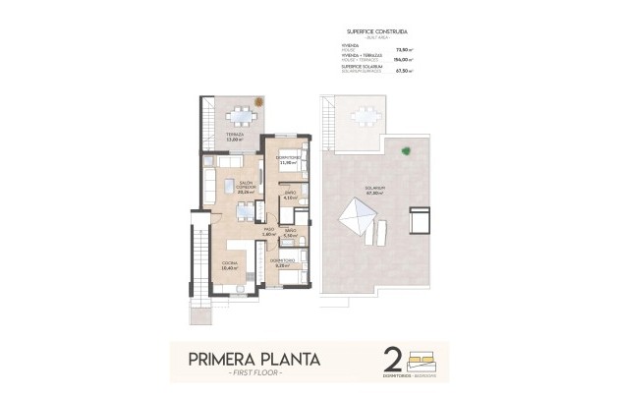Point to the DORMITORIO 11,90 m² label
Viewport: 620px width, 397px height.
pyautogui.click(x=288, y=160)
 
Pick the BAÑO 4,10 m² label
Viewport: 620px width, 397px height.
pyautogui.click(x=289, y=196)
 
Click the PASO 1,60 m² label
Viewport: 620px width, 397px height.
pyautogui.click(x=268, y=233)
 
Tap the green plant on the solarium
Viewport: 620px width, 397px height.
pyautogui.click(x=406, y=150)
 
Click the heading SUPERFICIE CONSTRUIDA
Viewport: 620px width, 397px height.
pyautogui.click(x=378, y=31)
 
